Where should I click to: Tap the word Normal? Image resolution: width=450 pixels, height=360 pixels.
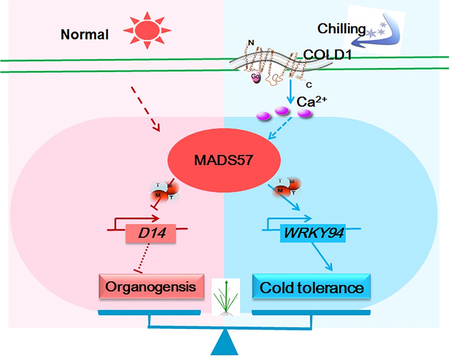[x=85, y=34]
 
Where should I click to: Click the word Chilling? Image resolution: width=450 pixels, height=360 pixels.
[x=341, y=29]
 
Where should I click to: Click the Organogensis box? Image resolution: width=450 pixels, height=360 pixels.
[x=152, y=287]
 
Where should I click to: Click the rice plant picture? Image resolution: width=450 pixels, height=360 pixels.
[x=225, y=297]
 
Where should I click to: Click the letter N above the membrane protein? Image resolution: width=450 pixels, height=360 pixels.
[x=250, y=43]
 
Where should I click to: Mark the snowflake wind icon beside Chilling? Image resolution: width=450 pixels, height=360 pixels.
[x=372, y=33]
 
